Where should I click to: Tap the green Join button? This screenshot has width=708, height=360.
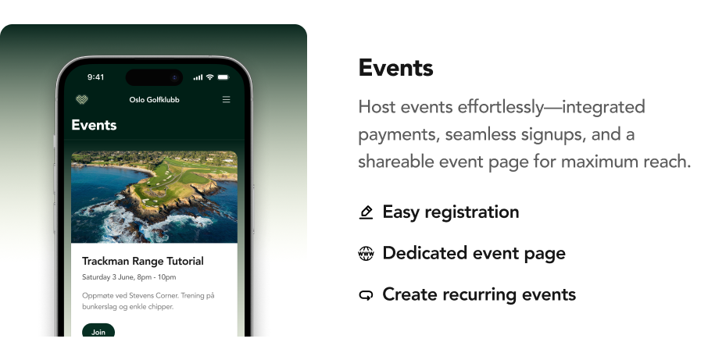(x=98, y=330)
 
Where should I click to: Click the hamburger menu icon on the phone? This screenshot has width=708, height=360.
(x=226, y=99)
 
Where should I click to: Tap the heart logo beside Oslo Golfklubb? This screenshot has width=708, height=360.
(x=82, y=99)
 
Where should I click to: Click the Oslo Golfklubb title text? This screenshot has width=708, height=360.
(x=155, y=100)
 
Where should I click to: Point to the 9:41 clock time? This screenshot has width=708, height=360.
(x=95, y=77)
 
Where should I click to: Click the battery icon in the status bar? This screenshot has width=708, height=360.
(x=223, y=77)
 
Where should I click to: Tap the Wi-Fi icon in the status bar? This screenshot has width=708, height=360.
(x=210, y=77)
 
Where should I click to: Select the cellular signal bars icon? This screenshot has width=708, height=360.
(x=198, y=77)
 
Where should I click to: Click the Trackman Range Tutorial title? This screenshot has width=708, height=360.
(x=143, y=261)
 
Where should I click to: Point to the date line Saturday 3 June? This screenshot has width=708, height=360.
(x=129, y=277)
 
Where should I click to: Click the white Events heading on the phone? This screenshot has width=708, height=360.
(x=94, y=125)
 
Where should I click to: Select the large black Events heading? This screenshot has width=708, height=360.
(x=395, y=68)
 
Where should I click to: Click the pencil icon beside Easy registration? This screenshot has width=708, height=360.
(x=366, y=212)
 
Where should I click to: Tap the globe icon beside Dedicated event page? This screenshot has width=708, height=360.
(x=366, y=254)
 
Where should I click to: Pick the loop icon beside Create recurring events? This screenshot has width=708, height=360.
(x=366, y=295)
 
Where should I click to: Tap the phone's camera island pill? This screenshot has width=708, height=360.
(x=155, y=77)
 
